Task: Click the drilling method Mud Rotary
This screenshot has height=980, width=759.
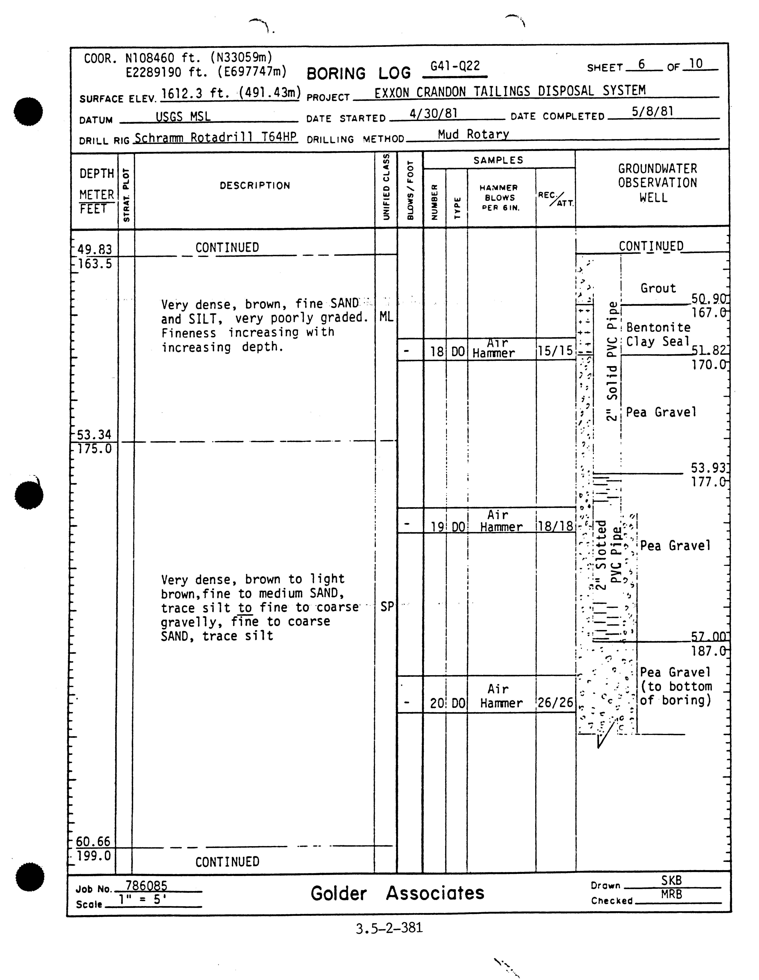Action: coord(473,134)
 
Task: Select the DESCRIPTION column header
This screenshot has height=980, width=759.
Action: coord(255,185)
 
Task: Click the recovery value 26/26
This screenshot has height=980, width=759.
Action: coord(555,703)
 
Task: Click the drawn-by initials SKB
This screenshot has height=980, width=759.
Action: coord(672,880)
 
